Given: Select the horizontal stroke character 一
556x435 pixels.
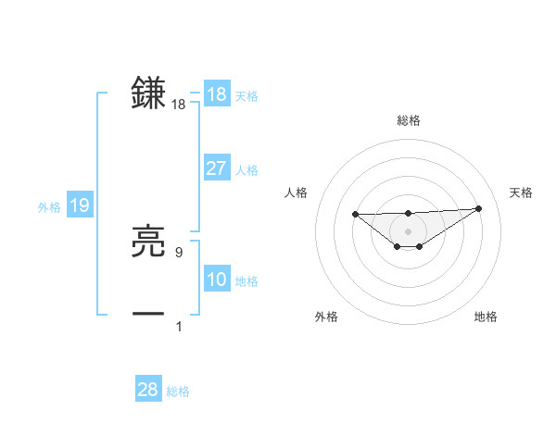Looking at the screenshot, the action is click(148, 313).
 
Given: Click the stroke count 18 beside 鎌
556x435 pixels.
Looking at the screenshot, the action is click(179, 106).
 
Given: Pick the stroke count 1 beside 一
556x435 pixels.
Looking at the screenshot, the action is click(179, 326).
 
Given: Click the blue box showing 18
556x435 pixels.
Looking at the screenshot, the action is click(216, 94).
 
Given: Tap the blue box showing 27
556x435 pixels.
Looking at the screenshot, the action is click(216, 168).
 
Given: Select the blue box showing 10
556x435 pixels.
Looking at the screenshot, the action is click(216, 280).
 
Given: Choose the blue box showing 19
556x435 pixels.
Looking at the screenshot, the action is click(80, 205).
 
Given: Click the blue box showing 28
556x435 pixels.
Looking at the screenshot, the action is click(147, 390).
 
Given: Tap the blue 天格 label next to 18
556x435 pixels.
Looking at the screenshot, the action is click(246, 95).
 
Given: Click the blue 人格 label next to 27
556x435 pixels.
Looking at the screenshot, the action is click(246, 169).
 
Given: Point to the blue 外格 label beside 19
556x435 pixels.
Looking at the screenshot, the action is click(49, 207).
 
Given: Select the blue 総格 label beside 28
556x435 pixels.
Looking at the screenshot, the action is click(178, 391).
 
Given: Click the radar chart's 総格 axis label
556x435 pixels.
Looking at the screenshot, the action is click(408, 120).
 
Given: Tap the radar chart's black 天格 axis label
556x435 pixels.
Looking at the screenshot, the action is click(521, 193).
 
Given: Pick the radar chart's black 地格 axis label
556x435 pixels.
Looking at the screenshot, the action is click(486, 317).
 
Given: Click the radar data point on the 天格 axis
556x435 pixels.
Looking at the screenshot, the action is click(478, 208).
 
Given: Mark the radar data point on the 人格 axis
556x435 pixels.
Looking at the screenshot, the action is click(355, 215).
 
